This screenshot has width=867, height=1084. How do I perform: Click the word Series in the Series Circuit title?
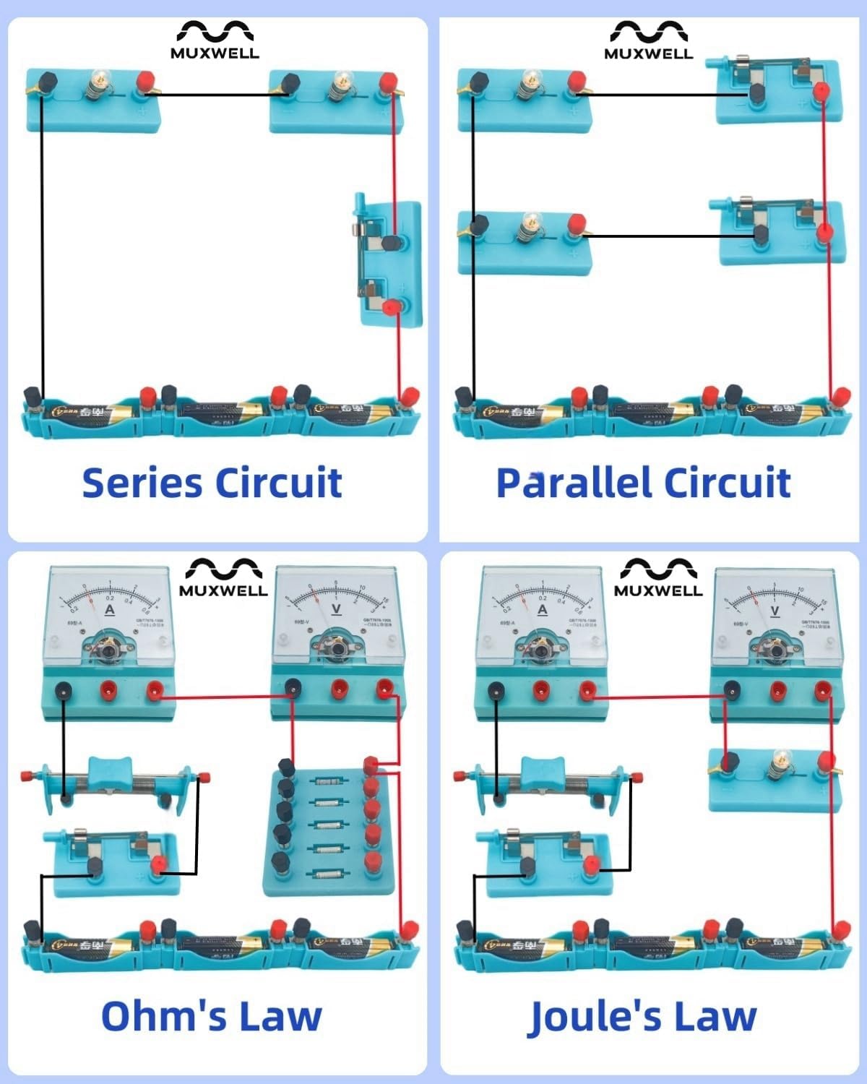(142, 483)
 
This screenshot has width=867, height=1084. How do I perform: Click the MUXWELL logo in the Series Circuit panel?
(215, 40)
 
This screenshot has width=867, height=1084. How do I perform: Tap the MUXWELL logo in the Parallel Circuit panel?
(648, 40)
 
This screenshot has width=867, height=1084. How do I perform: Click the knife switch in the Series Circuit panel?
(387, 264)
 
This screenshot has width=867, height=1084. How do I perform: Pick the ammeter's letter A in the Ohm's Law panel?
(110, 610)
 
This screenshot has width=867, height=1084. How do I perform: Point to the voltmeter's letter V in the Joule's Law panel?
(775, 611)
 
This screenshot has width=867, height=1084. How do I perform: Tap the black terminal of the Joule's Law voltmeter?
(732, 691)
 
